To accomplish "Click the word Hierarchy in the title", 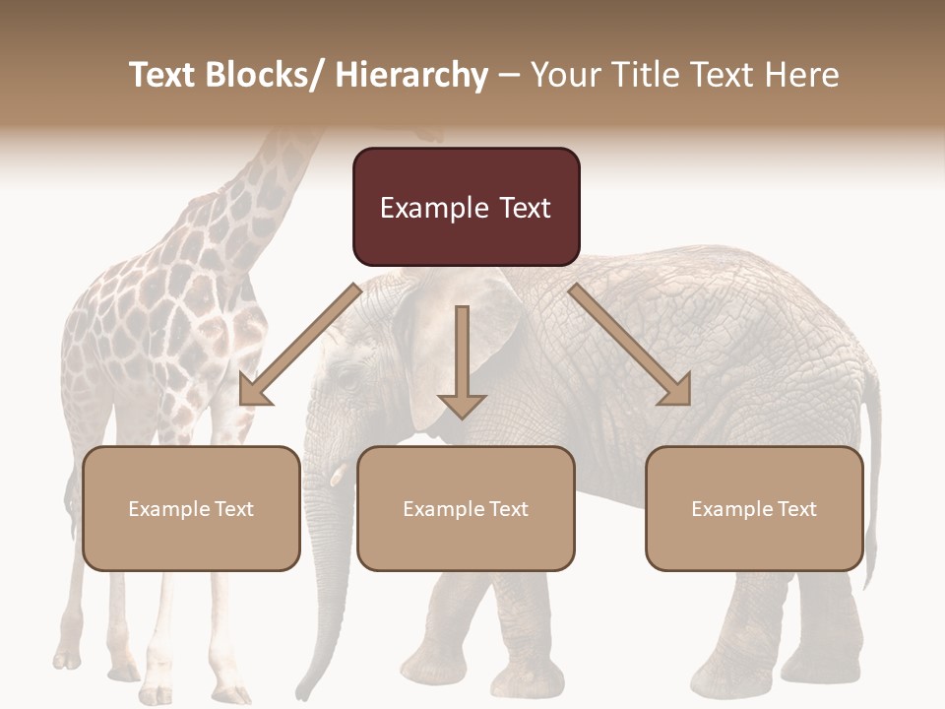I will (411, 75).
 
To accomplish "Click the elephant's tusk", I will (337, 475).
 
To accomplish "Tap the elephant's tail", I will (871, 443).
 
